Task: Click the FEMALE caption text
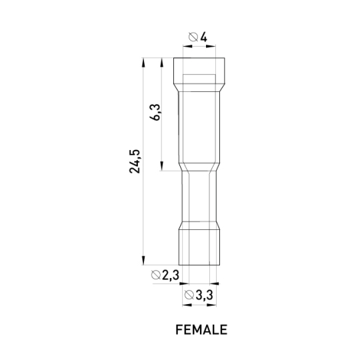(201, 330)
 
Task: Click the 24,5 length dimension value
(135, 161)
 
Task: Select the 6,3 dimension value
(155, 112)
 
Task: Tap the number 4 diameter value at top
(203, 37)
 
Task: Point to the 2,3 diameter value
(171, 275)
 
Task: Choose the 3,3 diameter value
(205, 295)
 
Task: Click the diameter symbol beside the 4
(193, 37)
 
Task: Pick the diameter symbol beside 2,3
(155, 275)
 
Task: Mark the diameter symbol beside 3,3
(189, 295)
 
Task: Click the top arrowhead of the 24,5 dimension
(143, 63)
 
